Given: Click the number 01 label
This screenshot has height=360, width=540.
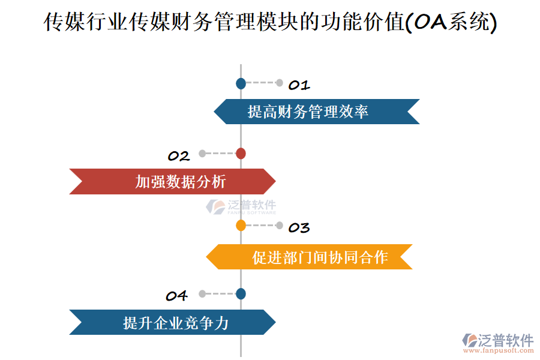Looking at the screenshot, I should click(x=298, y=85).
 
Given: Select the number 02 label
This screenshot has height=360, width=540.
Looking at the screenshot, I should click(x=178, y=157).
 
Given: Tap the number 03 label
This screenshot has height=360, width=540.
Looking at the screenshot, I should click(x=298, y=228).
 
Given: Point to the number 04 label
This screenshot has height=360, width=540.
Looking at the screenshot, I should click(x=176, y=296).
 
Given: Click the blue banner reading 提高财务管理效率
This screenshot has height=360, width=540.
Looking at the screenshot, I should click(x=316, y=112).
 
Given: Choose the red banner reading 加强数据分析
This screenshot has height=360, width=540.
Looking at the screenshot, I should click(x=172, y=181).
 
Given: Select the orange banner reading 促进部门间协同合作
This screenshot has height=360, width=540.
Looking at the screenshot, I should click(x=310, y=257).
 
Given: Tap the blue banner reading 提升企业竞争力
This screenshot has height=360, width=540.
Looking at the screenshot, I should click(x=172, y=322).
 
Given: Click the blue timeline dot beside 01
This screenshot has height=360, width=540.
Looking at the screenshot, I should click(x=241, y=83).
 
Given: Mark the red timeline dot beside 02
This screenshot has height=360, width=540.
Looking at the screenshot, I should click(x=241, y=154).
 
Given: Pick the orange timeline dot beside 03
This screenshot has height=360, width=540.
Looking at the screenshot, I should click(x=241, y=226).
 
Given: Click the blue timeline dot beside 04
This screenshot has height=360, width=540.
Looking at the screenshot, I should click(x=241, y=293).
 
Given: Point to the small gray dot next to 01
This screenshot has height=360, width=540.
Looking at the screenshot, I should click(x=279, y=83).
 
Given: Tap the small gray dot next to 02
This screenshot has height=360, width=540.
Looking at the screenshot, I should click(x=202, y=154).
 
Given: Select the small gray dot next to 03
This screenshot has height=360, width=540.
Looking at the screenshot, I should click(x=279, y=226).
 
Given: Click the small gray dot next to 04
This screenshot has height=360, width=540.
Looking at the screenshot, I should click(x=202, y=293).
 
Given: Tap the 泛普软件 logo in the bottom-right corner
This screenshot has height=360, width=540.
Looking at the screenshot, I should click(x=497, y=340).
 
